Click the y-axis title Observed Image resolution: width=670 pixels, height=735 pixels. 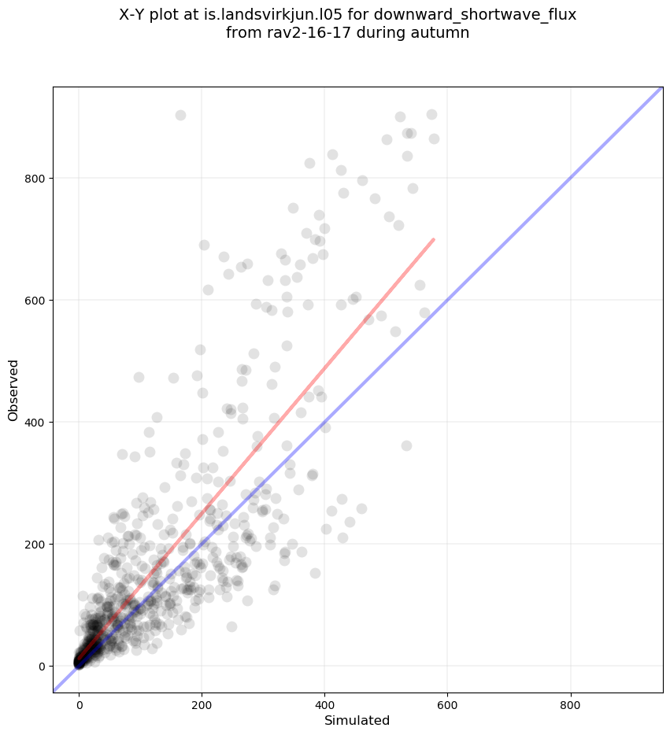click(13, 390)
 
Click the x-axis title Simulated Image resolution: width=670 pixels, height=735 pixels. click(357, 720)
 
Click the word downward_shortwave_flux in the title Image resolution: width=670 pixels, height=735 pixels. click(486, 15)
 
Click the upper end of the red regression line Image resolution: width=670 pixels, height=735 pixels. click(434, 239)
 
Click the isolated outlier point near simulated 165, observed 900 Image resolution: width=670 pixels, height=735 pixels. click(180, 115)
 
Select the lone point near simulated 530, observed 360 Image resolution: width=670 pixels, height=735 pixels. click(406, 445)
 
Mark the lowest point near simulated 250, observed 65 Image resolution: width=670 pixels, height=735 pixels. click(231, 626)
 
